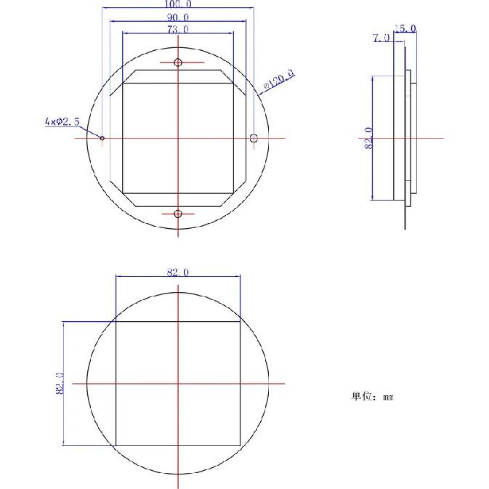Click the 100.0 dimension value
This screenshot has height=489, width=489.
[179, 4]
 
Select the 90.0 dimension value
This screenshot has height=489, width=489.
[179, 17]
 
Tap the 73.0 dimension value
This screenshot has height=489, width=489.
[179, 30]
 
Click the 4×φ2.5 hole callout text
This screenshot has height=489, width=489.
[62, 122]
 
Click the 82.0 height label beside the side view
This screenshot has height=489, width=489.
[368, 138]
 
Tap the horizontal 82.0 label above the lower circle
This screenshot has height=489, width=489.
[178, 272]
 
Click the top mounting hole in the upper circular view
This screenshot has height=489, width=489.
[178, 62]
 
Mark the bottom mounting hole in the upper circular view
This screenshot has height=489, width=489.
[178, 213]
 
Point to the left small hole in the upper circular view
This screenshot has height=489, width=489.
[102, 138]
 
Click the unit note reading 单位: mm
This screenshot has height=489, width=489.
[372, 397]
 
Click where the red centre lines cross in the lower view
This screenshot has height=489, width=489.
[178, 384]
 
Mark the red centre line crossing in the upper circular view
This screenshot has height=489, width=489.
[178, 138]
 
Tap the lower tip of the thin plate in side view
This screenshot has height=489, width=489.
[405, 228]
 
